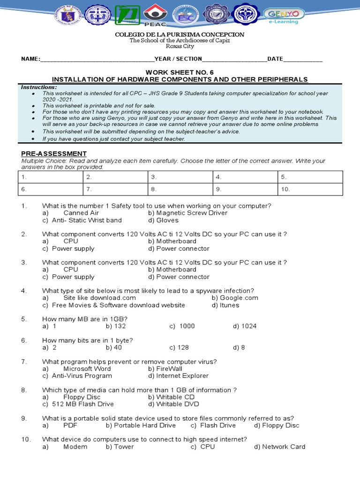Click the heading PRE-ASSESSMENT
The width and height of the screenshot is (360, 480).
tap(53, 154)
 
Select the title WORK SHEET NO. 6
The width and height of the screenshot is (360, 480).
tap(180, 72)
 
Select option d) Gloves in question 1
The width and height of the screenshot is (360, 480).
tap(163, 220)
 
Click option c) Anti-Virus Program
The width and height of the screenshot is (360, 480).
tap(77, 375)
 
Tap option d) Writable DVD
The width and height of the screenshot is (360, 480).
tap(173, 404)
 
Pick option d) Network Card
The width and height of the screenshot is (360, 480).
tap(279, 447)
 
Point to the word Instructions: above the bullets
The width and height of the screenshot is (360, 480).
tap(39, 87)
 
